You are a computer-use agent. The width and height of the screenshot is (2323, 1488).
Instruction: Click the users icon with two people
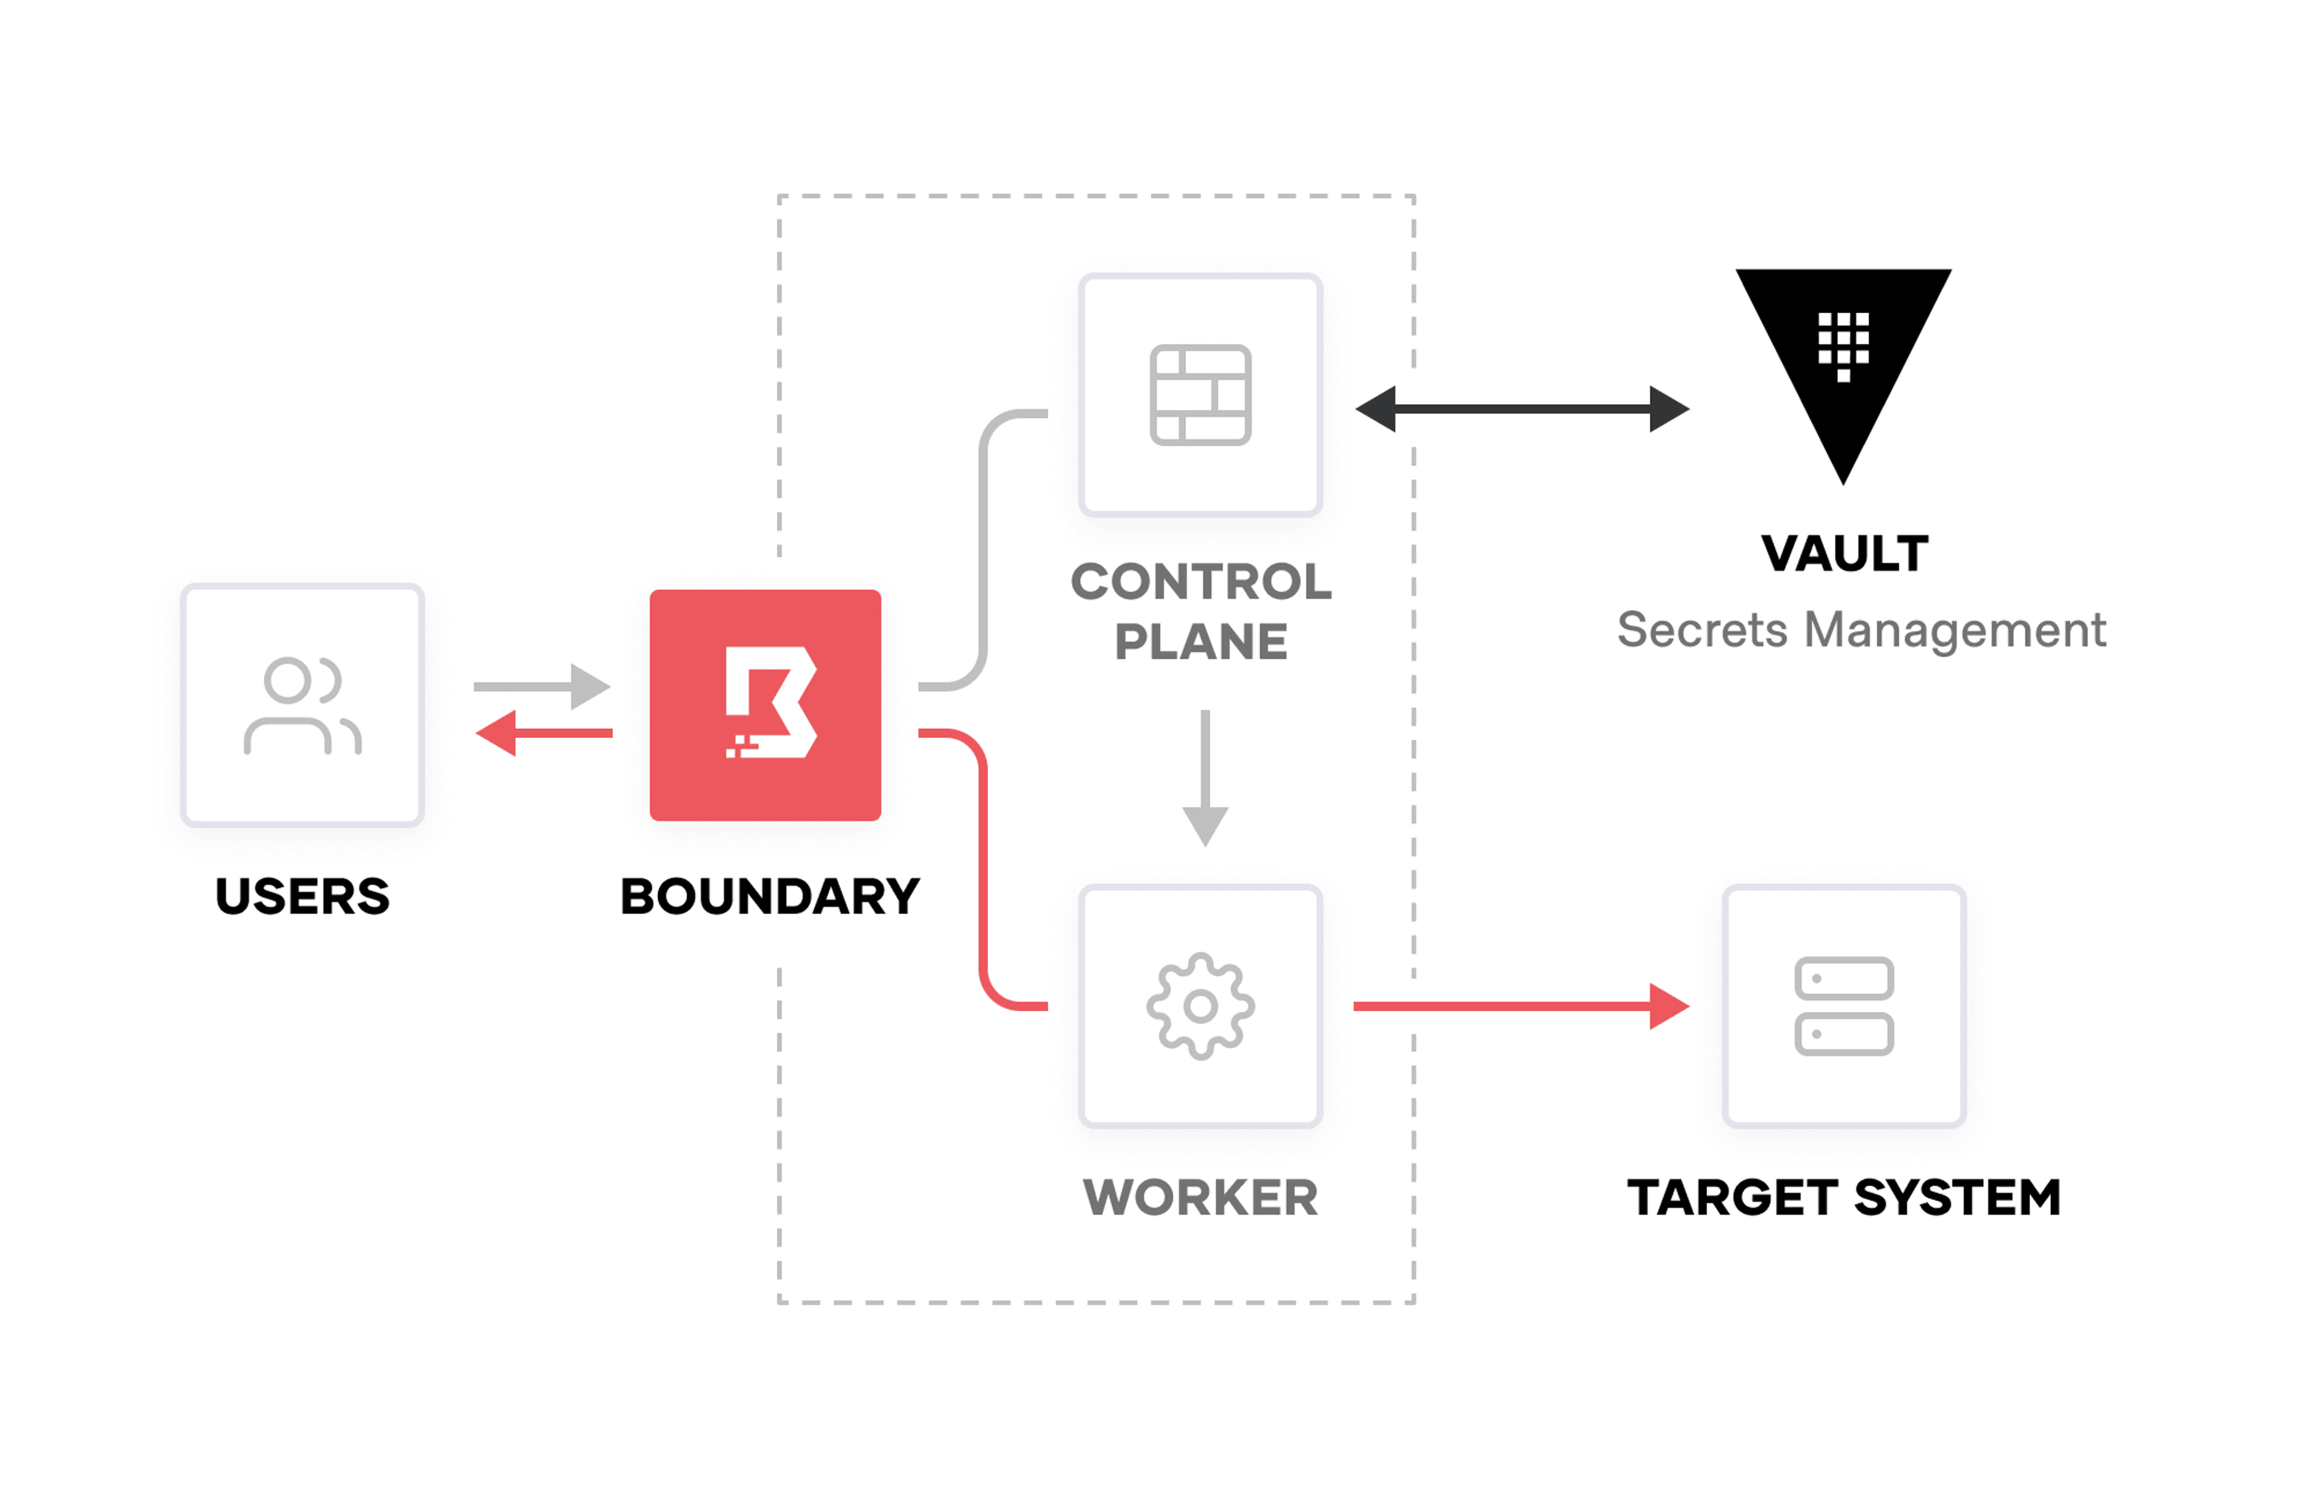(x=301, y=705)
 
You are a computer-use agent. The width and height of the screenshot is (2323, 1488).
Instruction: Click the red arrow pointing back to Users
(x=543, y=733)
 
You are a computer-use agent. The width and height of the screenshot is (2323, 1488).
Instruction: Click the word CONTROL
(x=1200, y=582)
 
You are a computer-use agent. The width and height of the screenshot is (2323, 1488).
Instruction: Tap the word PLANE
(x=1200, y=642)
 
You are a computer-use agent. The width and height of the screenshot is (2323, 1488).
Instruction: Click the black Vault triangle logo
(x=1842, y=357)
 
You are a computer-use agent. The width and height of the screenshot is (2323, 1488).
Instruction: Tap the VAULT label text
(x=1844, y=553)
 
